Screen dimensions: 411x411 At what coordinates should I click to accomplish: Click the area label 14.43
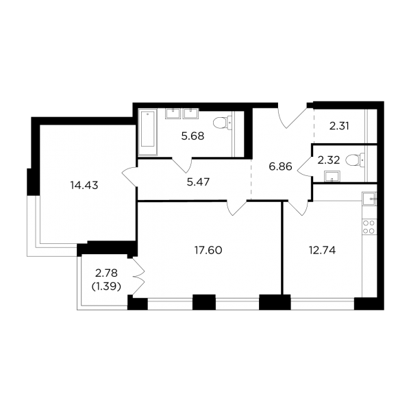[x=84, y=186]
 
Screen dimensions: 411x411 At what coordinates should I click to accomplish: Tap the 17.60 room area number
[x=208, y=250]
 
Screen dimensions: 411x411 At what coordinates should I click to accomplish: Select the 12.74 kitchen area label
[x=323, y=251]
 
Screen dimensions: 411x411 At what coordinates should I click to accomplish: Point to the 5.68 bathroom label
[x=192, y=136]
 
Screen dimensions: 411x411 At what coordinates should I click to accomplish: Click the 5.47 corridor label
[x=199, y=182]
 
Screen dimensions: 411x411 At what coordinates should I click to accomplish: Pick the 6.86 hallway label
[x=280, y=166]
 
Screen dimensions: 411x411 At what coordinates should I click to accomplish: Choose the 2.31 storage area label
[x=339, y=127]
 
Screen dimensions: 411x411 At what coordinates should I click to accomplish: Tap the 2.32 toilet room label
[x=329, y=160]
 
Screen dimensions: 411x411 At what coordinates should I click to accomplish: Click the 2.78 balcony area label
[x=106, y=273]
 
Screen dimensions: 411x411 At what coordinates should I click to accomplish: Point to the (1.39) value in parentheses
[x=106, y=287]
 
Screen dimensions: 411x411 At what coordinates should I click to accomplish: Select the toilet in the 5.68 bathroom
[x=223, y=123]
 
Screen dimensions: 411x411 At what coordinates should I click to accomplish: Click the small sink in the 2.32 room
[x=332, y=176]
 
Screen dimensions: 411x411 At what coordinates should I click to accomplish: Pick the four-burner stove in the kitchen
[x=369, y=227]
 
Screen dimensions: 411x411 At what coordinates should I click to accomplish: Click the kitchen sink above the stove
[x=369, y=199]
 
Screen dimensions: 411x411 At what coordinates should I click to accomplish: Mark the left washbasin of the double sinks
[x=173, y=114]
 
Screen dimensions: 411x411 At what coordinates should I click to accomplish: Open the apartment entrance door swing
[x=292, y=118]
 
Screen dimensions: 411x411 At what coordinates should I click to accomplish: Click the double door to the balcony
[x=138, y=277]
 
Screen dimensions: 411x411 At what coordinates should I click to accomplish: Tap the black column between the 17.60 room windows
[x=204, y=302]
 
